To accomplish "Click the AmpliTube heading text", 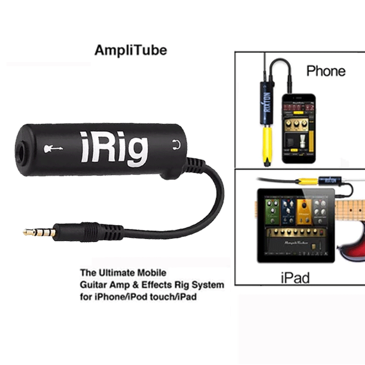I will [130, 50].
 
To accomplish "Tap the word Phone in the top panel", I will [326, 71].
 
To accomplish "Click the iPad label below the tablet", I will [295, 277].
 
